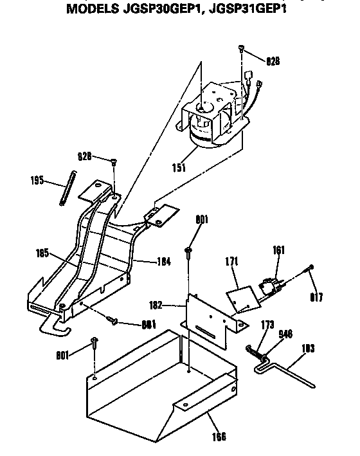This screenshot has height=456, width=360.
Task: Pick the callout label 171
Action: click(x=232, y=261)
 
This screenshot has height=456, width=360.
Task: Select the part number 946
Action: click(x=285, y=334)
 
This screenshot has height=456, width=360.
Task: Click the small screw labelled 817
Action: click(x=311, y=267)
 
